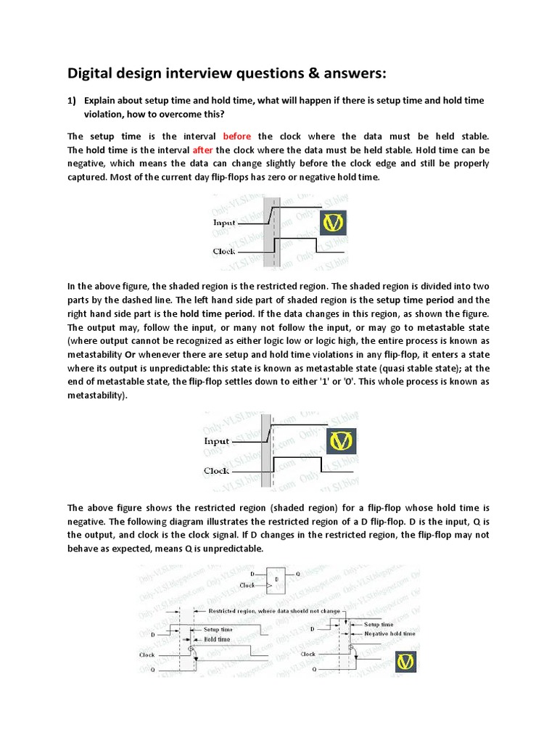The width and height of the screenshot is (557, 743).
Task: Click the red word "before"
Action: pos(238,136)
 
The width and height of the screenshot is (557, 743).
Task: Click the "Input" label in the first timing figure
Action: pos(224,223)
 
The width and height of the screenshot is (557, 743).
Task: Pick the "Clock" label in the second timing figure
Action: pos(216,471)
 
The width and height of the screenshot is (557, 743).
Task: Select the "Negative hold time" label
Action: pos(389,633)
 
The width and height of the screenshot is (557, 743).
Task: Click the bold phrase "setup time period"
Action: pos(414,300)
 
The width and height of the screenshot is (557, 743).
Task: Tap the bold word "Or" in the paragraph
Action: pos(131,354)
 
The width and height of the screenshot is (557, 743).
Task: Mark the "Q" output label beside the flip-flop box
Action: pos(299,572)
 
